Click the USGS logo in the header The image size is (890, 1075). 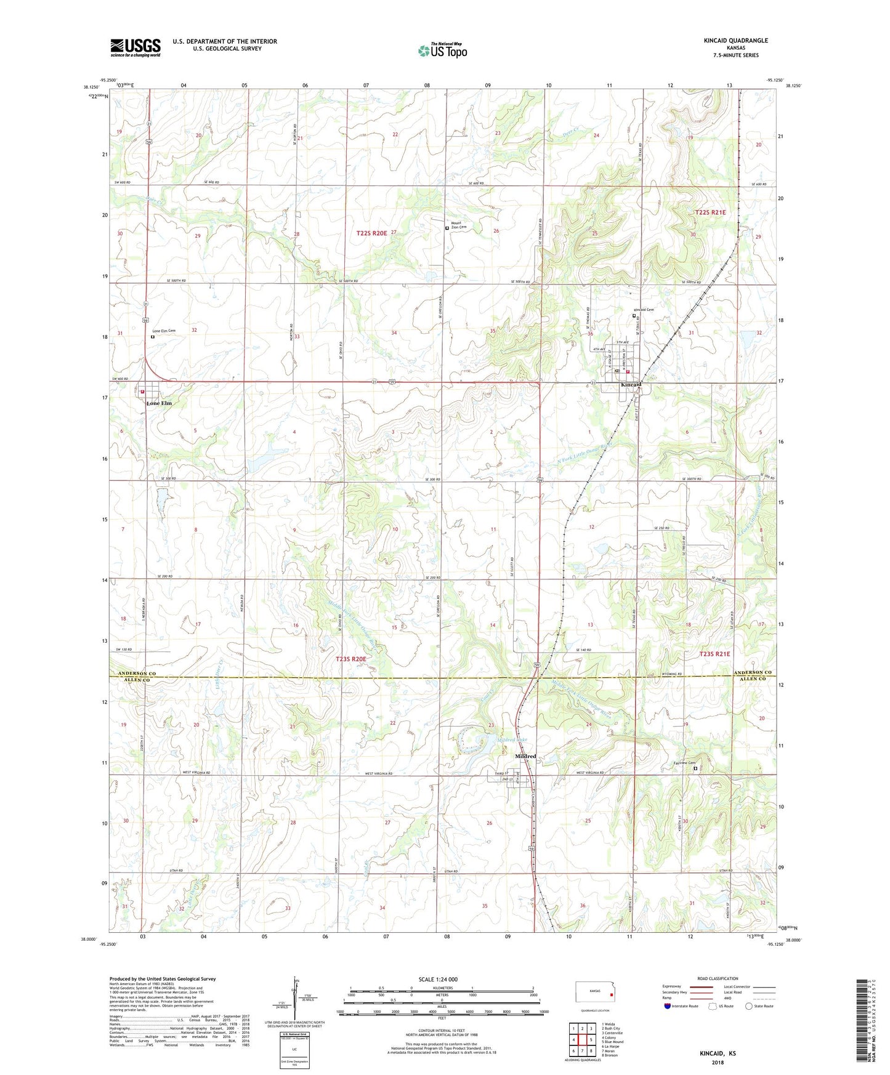(135, 47)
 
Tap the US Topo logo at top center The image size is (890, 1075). (443, 50)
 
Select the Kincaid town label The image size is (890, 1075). (631, 385)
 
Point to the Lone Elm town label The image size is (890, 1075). (159, 403)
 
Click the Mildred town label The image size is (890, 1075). (525, 756)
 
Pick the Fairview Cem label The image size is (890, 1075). (683, 763)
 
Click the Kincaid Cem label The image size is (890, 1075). (644, 310)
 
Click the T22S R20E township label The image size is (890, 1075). (371, 233)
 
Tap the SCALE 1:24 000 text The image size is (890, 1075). (438, 979)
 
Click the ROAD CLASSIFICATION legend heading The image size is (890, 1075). (718, 978)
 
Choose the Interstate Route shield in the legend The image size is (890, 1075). (668, 1006)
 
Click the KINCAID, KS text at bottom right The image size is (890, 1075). (718, 1053)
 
